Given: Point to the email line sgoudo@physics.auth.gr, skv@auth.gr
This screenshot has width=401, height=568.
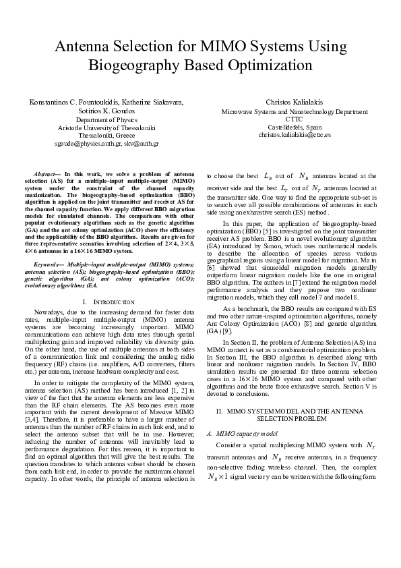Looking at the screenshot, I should [106, 144].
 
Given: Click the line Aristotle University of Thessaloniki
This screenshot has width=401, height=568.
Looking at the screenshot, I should [106, 127].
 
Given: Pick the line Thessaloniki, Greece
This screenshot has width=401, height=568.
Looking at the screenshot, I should [106, 135].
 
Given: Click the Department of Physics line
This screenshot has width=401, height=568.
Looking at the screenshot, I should [106, 119].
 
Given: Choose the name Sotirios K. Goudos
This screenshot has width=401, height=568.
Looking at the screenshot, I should [106, 110].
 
